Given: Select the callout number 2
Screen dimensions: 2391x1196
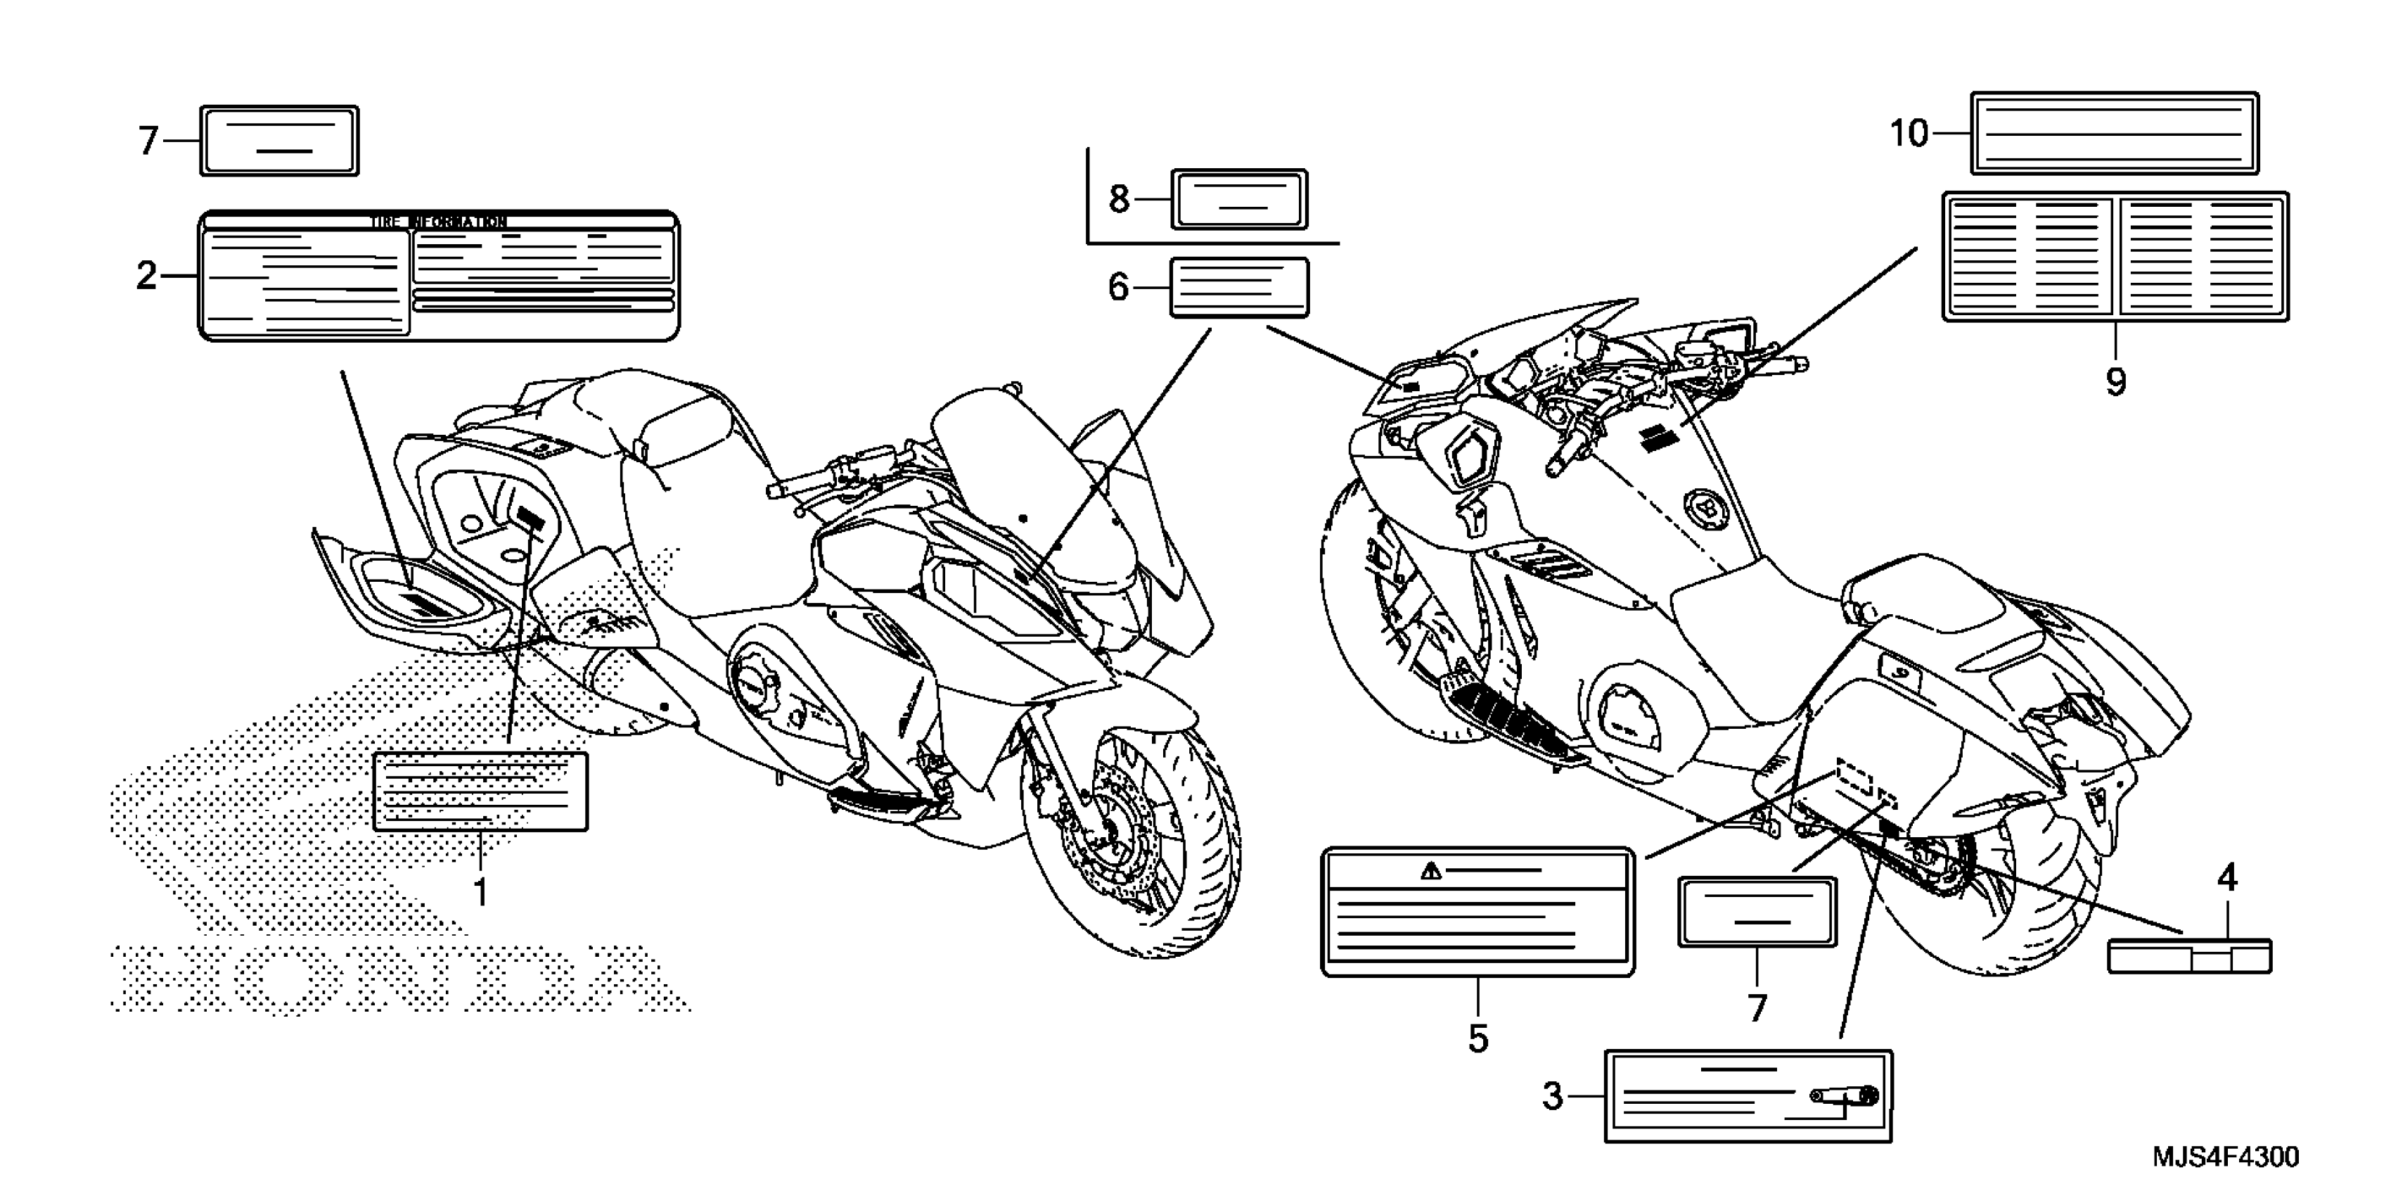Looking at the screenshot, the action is (147, 276).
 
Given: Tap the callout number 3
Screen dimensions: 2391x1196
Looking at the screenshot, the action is (1553, 1097).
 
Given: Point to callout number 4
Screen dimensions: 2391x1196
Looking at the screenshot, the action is (2228, 877).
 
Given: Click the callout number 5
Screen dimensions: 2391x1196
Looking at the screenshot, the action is (1477, 1038).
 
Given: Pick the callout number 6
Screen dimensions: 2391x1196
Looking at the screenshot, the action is (1118, 288).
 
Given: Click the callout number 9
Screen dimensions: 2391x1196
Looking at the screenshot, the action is (2115, 381).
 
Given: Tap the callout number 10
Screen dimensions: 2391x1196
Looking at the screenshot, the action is (1909, 134).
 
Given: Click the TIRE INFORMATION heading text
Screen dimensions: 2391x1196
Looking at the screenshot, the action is (438, 222).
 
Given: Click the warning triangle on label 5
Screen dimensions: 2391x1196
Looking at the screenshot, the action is (1430, 870).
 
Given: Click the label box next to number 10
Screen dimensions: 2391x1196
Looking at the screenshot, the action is (2115, 133).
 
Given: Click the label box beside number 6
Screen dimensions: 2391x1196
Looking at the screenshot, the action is (1239, 288).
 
